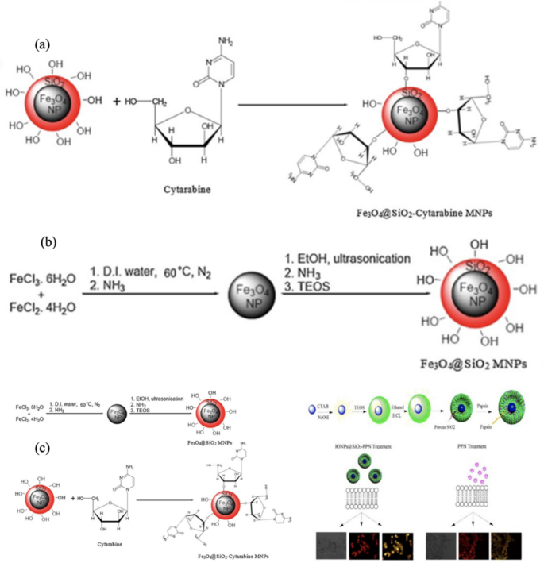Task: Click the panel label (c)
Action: pos(45,449)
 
